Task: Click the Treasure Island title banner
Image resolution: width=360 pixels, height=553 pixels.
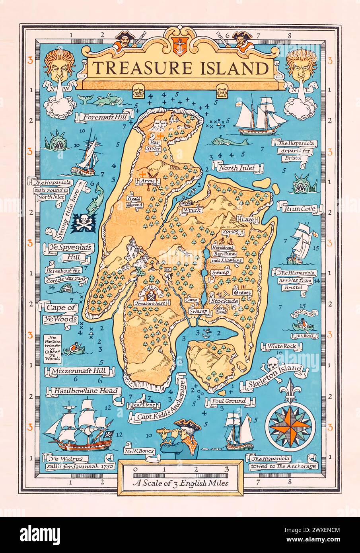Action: pos(179,68)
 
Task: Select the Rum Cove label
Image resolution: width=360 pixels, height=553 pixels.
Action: pos(299,208)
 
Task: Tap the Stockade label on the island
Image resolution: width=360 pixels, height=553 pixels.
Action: pos(225,301)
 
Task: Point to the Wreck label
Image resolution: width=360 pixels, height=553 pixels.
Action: pos(192,210)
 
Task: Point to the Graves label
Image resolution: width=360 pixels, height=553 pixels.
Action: pos(242,293)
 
